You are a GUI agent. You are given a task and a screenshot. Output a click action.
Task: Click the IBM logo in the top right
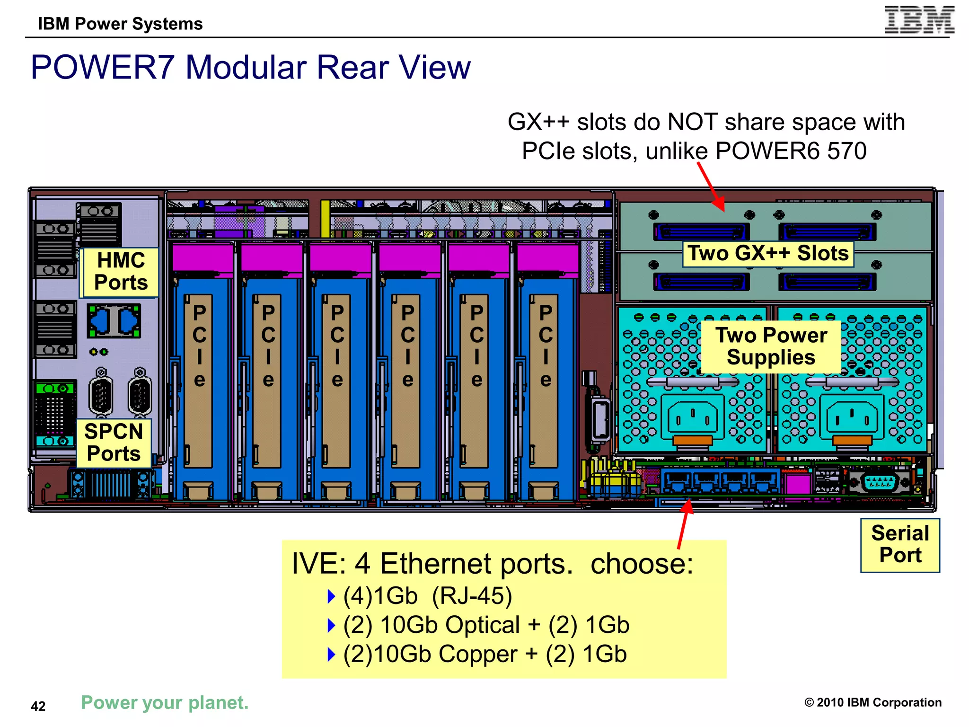(x=919, y=20)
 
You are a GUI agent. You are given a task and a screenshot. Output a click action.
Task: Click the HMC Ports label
(x=121, y=272)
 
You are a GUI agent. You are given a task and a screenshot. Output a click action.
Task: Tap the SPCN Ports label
(x=114, y=443)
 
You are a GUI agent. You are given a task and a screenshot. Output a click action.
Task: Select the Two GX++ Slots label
(x=767, y=253)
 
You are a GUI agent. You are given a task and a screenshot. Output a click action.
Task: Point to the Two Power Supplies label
(x=771, y=346)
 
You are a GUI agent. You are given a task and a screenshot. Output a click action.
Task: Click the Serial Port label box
(x=899, y=544)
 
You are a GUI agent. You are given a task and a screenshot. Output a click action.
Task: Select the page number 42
(x=38, y=706)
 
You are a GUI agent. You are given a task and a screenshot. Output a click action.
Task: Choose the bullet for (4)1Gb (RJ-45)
(x=331, y=596)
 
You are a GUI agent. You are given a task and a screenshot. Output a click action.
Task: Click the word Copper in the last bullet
(x=478, y=654)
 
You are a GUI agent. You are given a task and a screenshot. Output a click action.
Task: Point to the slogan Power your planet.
(x=165, y=702)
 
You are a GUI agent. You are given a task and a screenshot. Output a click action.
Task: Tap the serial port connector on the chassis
(x=879, y=482)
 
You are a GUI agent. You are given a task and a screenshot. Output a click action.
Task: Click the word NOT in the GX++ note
(x=692, y=122)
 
